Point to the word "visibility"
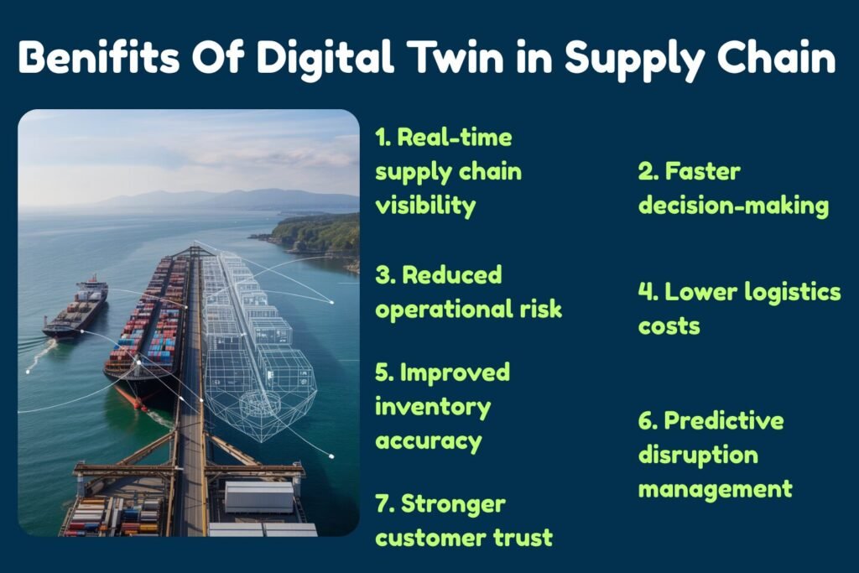point(425,205)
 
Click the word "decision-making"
point(733,206)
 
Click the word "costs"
point(669,326)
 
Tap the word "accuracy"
point(428,440)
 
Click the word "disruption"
point(698,454)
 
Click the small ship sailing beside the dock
point(77,308)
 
